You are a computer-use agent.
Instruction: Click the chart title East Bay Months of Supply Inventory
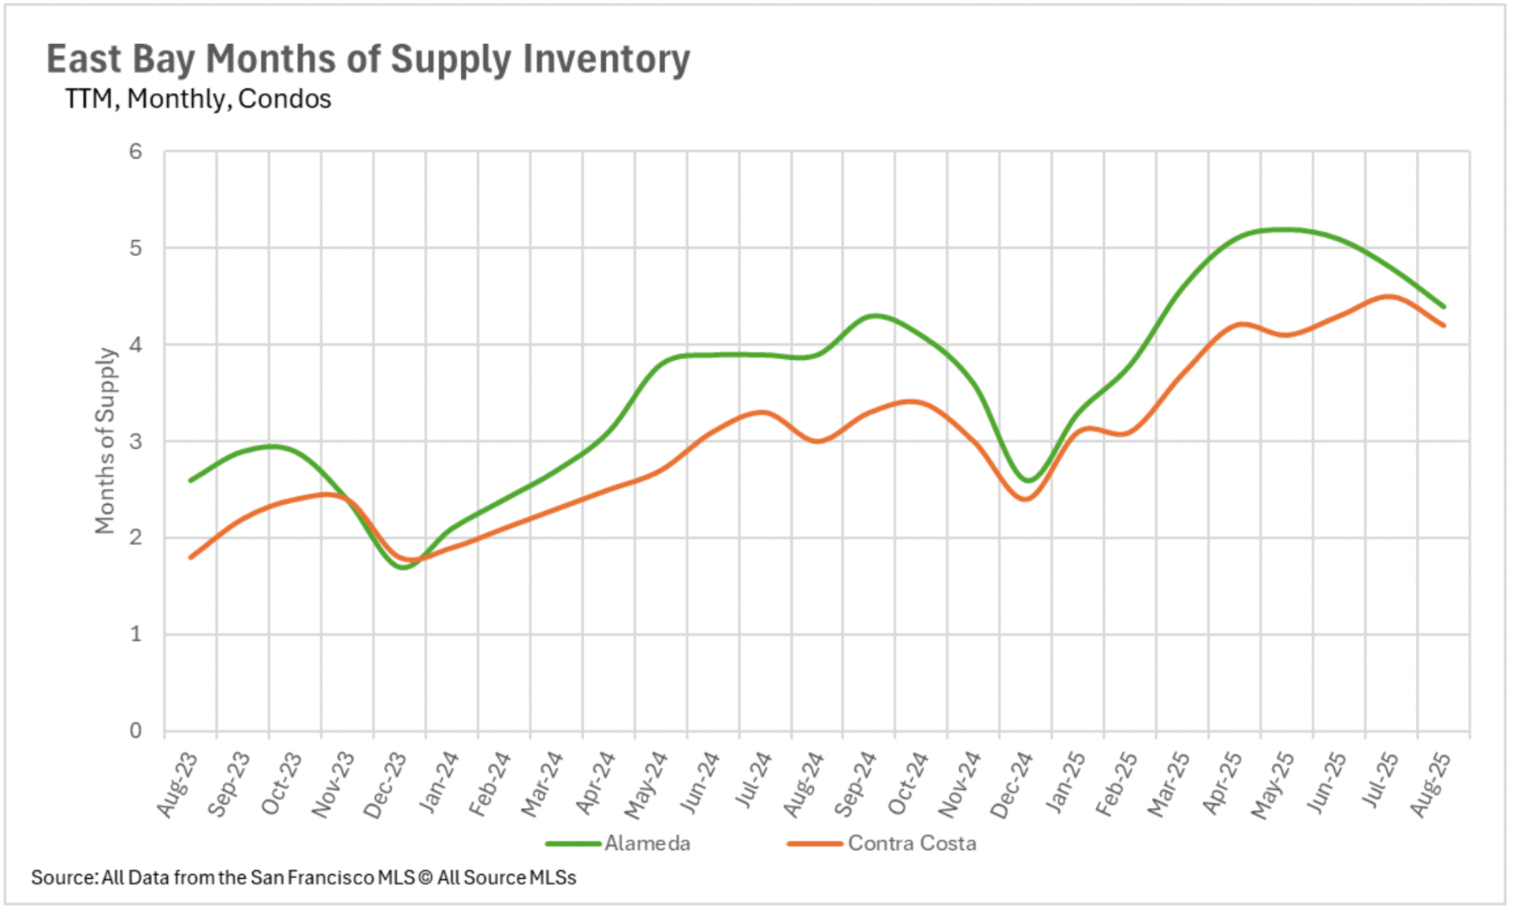[x=368, y=59]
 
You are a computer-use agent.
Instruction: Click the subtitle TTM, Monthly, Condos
[x=198, y=99]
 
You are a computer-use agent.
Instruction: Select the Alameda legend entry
[x=646, y=843]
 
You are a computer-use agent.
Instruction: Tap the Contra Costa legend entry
[x=911, y=843]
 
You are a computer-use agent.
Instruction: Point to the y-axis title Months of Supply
[x=105, y=441]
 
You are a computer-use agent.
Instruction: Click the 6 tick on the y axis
[x=136, y=151]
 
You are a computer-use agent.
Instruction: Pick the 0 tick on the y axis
[x=136, y=731]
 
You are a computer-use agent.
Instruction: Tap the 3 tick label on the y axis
[x=136, y=441]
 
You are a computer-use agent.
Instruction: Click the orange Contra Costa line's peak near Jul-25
[x=1388, y=297]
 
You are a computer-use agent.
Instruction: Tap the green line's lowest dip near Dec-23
[x=403, y=567]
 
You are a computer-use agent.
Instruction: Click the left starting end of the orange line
[x=191, y=558]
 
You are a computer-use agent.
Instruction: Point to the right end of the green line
[x=1444, y=306]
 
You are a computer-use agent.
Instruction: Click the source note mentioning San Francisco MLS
[x=303, y=877]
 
